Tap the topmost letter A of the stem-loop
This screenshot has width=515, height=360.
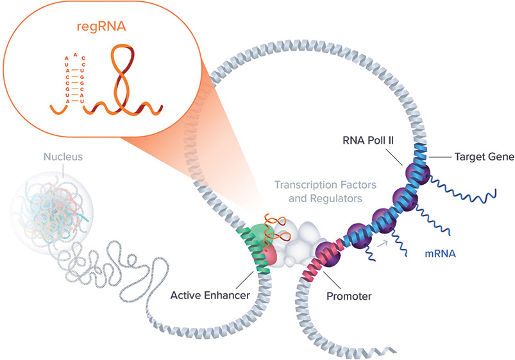[76, 55]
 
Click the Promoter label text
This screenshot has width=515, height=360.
[349, 296]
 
